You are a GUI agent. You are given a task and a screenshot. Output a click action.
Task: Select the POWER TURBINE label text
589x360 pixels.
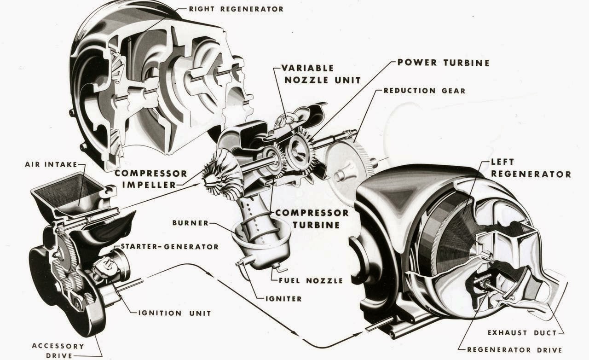click(443, 63)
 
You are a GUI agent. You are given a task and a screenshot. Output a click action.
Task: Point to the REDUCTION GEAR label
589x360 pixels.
click(424, 91)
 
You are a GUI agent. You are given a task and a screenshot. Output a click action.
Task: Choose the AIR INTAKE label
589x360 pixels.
click(46, 164)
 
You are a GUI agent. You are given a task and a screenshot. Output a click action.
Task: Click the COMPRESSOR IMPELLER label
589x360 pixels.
click(150, 179)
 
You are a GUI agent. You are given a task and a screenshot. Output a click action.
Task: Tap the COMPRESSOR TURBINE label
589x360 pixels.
click(312, 219)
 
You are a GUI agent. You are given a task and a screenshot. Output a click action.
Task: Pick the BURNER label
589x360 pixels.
click(190, 223)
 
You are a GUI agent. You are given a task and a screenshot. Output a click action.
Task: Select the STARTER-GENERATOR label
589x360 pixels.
click(169, 247)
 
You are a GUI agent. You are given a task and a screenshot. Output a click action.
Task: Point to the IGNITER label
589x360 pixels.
click(283, 298)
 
